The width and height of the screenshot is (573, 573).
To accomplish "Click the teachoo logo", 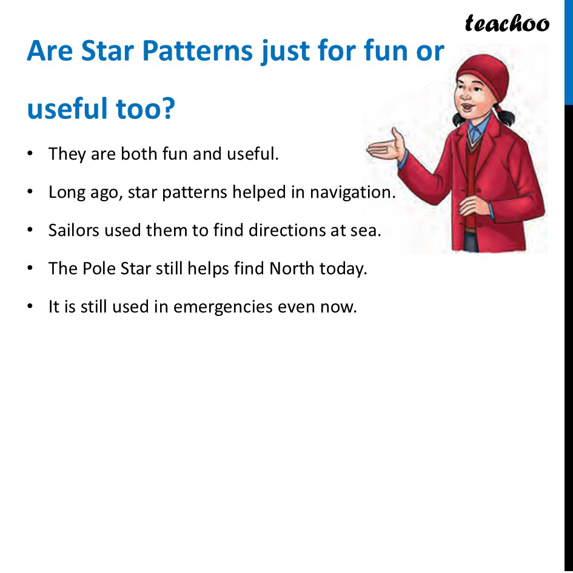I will (x=507, y=24).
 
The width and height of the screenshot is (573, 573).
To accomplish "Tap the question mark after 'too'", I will (x=167, y=109).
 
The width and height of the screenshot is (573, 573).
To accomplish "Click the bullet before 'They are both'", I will (x=30, y=153).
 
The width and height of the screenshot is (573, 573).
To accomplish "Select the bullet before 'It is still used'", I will (x=30, y=307).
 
